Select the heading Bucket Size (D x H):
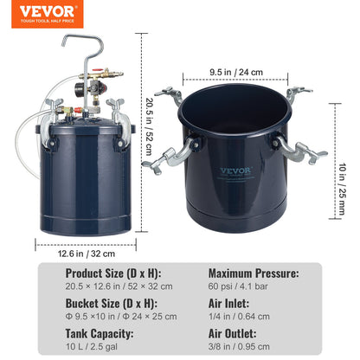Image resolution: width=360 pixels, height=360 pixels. [x=111, y=304]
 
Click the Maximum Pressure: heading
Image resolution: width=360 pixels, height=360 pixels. [x=254, y=273]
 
